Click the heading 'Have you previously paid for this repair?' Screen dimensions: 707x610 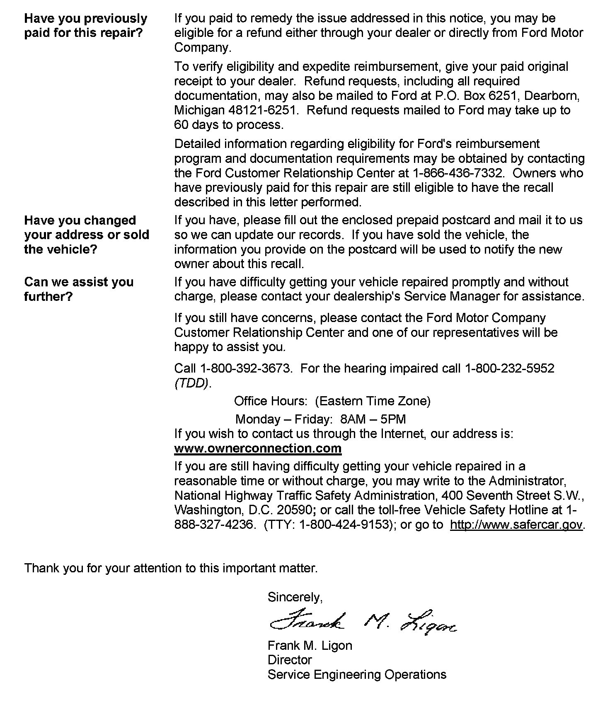tap(86, 26)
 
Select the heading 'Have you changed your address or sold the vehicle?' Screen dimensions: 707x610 tap(87, 235)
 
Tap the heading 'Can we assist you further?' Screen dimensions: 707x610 tap(79, 289)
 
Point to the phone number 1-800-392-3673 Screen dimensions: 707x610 tap(246, 368)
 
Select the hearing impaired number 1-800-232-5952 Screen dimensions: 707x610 tap(510, 368)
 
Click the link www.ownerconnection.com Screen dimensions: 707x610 tap(258, 448)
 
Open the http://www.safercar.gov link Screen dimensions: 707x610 tap(516, 525)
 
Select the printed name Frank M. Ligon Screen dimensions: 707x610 tap(310, 646)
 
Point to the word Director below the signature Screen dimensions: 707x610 tap(290, 660)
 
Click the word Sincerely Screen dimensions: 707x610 tap(295, 597)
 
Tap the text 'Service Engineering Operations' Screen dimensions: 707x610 tap(357, 675)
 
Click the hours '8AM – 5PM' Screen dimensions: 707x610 tap(373, 419)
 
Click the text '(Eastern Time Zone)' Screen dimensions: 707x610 tap(373, 401)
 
